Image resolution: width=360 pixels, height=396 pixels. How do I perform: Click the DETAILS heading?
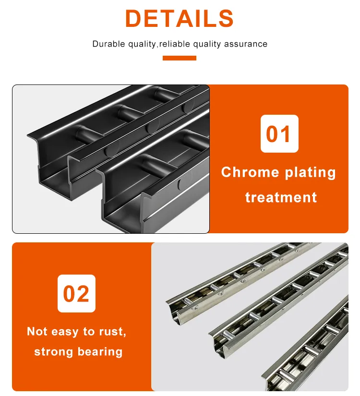[180, 19]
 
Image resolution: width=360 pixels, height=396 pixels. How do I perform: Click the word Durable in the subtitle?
[108, 44]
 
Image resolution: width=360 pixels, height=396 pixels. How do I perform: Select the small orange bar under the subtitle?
[180, 58]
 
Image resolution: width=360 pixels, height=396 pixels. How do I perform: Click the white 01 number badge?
[279, 134]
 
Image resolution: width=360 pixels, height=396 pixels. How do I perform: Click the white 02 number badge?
[76, 293]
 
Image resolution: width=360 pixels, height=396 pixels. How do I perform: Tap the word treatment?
[281, 197]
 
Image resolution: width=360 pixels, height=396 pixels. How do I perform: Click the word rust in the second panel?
[113, 331]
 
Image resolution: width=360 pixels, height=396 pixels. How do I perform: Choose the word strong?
[53, 352]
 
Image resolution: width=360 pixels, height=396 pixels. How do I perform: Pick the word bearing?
[100, 352]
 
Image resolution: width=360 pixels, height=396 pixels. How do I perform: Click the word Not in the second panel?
[37, 331]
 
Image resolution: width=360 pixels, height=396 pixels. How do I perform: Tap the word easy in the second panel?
[65, 332]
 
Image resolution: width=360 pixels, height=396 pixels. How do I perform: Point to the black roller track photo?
[111, 159]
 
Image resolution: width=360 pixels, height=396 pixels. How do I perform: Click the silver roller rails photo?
[250, 317]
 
